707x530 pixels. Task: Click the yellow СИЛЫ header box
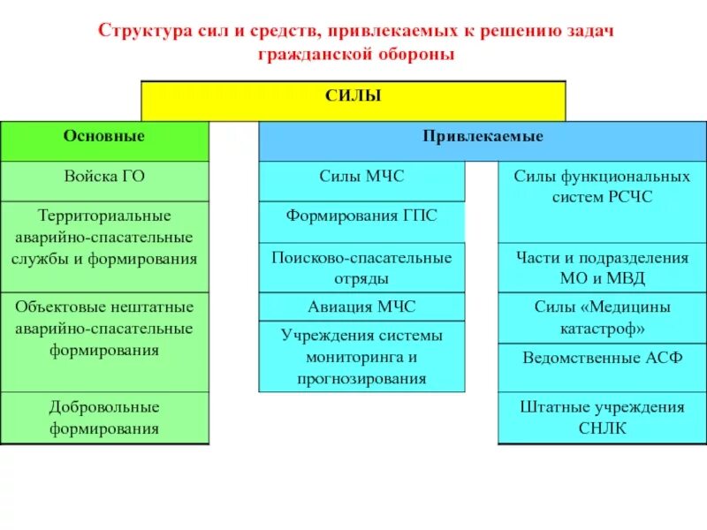click(x=353, y=100)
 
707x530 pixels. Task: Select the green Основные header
click(x=104, y=141)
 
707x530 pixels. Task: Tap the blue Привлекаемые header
click(x=483, y=141)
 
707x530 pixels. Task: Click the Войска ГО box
click(x=104, y=180)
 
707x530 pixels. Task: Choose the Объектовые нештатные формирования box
click(x=104, y=341)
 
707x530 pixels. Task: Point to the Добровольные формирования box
click(x=104, y=418)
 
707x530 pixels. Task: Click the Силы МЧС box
click(x=361, y=180)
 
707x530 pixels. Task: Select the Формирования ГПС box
click(x=361, y=221)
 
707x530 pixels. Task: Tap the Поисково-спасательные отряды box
click(x=361, y=267)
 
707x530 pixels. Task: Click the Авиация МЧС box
click(x=361, y=307)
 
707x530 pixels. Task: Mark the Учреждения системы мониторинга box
click(x=361, y=357)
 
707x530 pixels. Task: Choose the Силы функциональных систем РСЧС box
click(x=602, y=201)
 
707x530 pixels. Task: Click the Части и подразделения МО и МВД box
click(x=602, y=268)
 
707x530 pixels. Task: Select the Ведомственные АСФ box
click(x=602, y=367)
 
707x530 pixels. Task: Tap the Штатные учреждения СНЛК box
click(x=602, y=418)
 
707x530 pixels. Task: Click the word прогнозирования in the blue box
click(x=361, y=379)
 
